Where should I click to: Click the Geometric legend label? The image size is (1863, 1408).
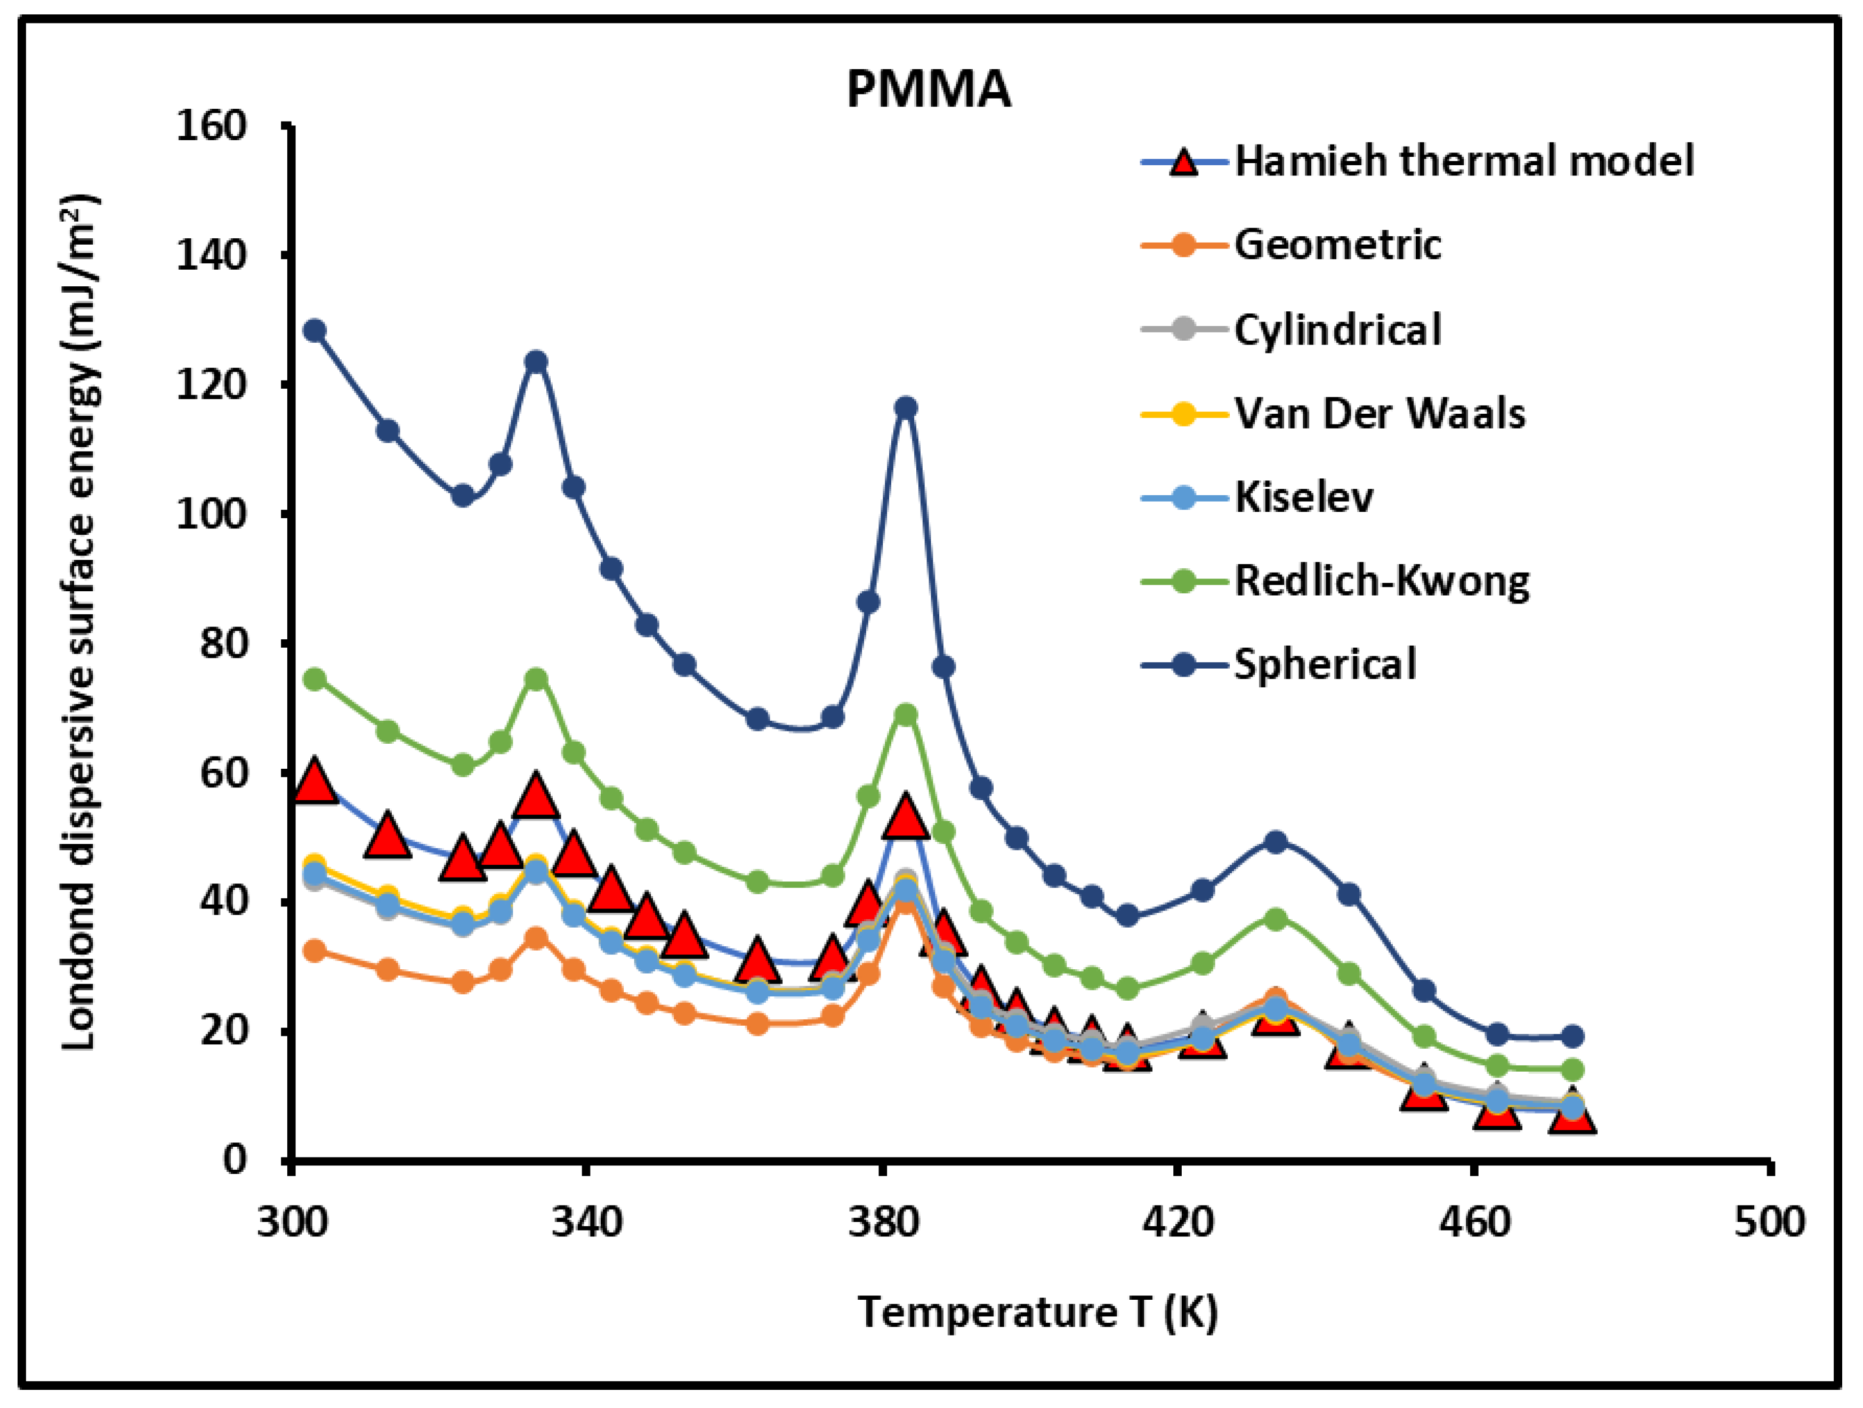pos(1337,244)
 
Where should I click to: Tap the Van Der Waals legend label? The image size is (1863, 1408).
pos(1380,413)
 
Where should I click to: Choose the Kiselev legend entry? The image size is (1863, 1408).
pos(1304,496)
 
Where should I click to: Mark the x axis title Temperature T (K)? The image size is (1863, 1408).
pos(1038,1312)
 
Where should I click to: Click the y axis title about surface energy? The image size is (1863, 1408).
pos(80,624)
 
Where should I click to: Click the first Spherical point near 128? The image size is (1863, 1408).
pos(315,331)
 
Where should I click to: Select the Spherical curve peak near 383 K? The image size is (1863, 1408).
pos(906,408)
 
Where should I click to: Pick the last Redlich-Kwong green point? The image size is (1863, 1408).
pos(1571,1070)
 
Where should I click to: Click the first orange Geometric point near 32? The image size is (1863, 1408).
pos(315,951)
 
